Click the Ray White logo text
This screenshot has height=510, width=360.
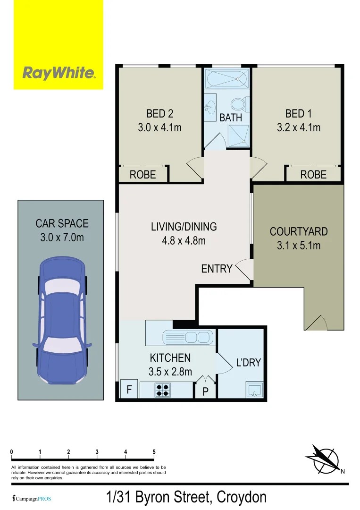tap(59, 73)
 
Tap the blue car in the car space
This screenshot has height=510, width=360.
tap(62, 321)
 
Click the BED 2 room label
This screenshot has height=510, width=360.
tap(159, 113)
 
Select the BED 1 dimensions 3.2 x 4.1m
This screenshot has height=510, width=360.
tap(298, 127)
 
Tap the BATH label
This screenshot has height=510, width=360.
tap(231, 118)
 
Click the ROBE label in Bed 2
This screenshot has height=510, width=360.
tap(142, 175)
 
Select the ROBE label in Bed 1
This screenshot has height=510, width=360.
tap(313, 175)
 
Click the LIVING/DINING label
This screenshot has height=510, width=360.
tap(184, 227)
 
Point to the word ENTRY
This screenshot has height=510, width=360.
tap(217, 269)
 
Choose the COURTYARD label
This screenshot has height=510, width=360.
tap(298, 232)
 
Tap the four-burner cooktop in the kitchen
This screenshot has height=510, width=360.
tap(163, 390)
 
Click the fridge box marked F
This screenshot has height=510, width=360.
tap(128, 390)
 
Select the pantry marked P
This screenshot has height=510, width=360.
tap(205, 391)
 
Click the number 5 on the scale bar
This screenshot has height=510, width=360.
tap(154, 452)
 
